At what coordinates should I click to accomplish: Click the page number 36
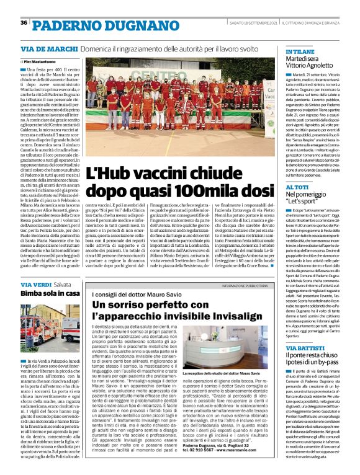pyautogui.click(x=24, y=23)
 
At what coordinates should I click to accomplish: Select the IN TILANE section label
pyautogui.click(x=300, y=52)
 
